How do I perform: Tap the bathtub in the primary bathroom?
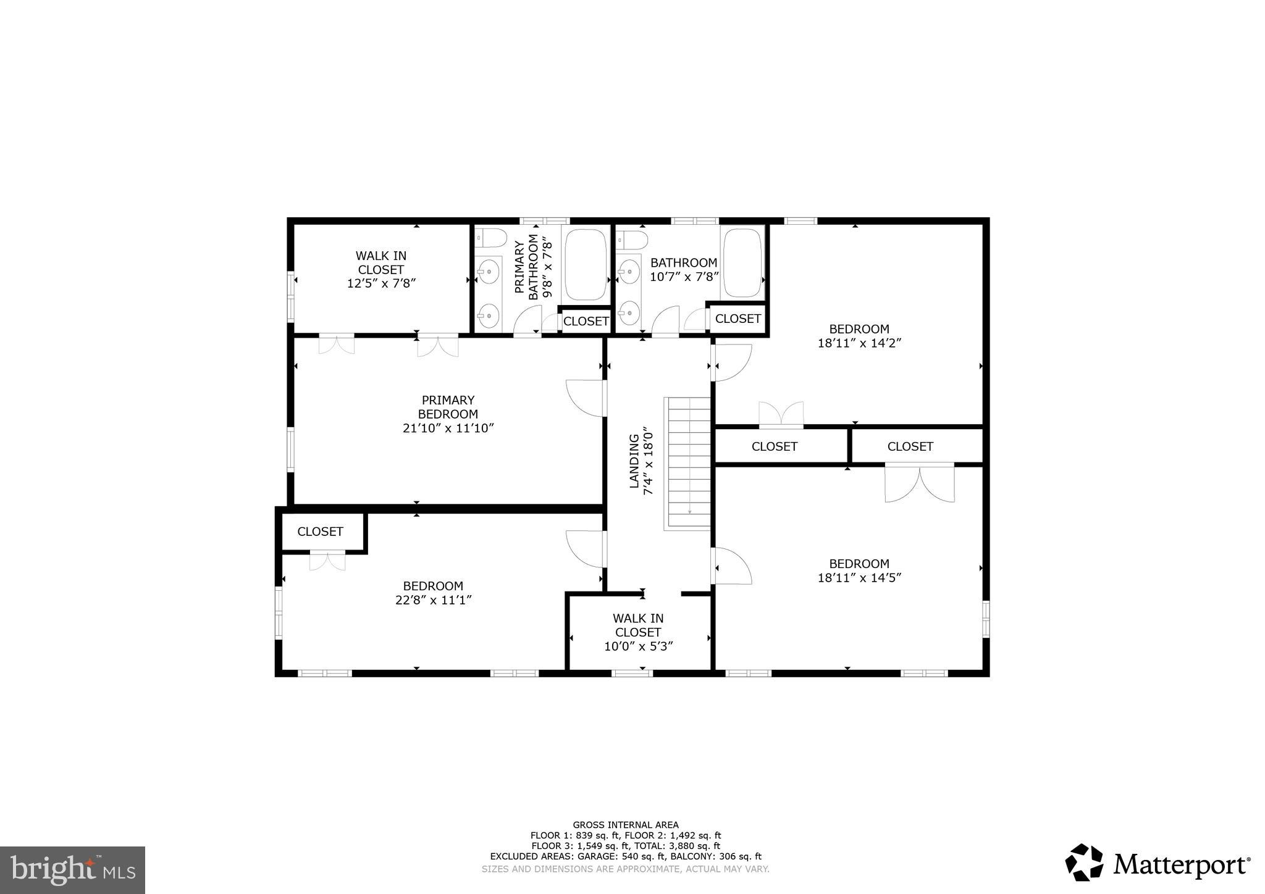[586, 265]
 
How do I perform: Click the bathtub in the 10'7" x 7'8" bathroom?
[744, 263]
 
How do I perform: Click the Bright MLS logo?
[72, 870]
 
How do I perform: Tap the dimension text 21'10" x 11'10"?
[448, 428]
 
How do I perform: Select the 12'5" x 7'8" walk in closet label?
[380, 270]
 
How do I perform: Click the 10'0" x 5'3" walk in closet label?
[638, 632]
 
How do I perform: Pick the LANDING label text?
[634, 461]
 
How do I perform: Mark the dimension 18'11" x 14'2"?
[859, 343]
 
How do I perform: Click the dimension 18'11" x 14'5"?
[859, 578]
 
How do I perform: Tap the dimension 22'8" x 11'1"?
[433, 600]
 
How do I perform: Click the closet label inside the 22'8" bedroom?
[320, 532]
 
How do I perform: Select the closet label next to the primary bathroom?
[586, 321]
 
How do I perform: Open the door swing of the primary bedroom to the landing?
[586, 397]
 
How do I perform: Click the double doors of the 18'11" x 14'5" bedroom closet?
[919, 483]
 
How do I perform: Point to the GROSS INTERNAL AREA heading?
[625, 825]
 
